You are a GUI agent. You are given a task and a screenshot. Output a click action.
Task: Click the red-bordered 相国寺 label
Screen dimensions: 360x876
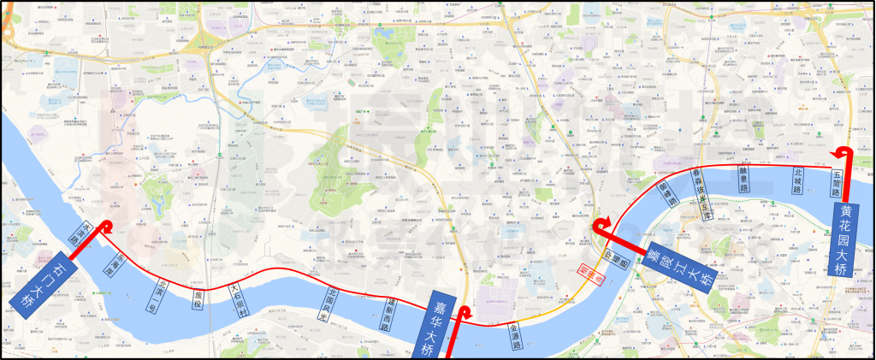[x=585, y=274]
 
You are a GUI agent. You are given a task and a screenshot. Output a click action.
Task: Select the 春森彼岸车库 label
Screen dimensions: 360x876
[x=702, y=194]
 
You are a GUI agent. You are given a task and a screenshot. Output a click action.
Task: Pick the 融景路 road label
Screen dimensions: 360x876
[x=744, y=178]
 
